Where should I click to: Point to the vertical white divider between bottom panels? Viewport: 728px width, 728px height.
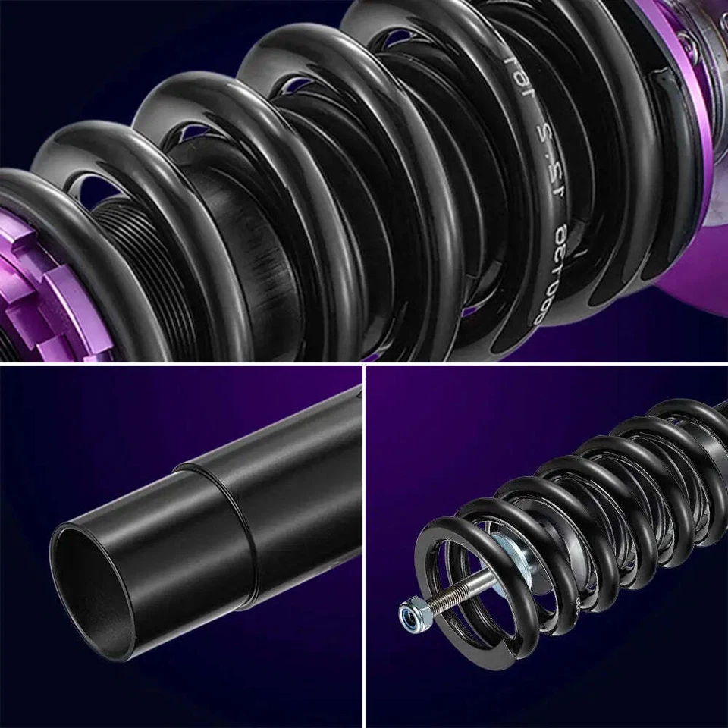point(364,546)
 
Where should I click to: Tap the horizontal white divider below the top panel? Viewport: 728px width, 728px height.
point(364,364)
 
